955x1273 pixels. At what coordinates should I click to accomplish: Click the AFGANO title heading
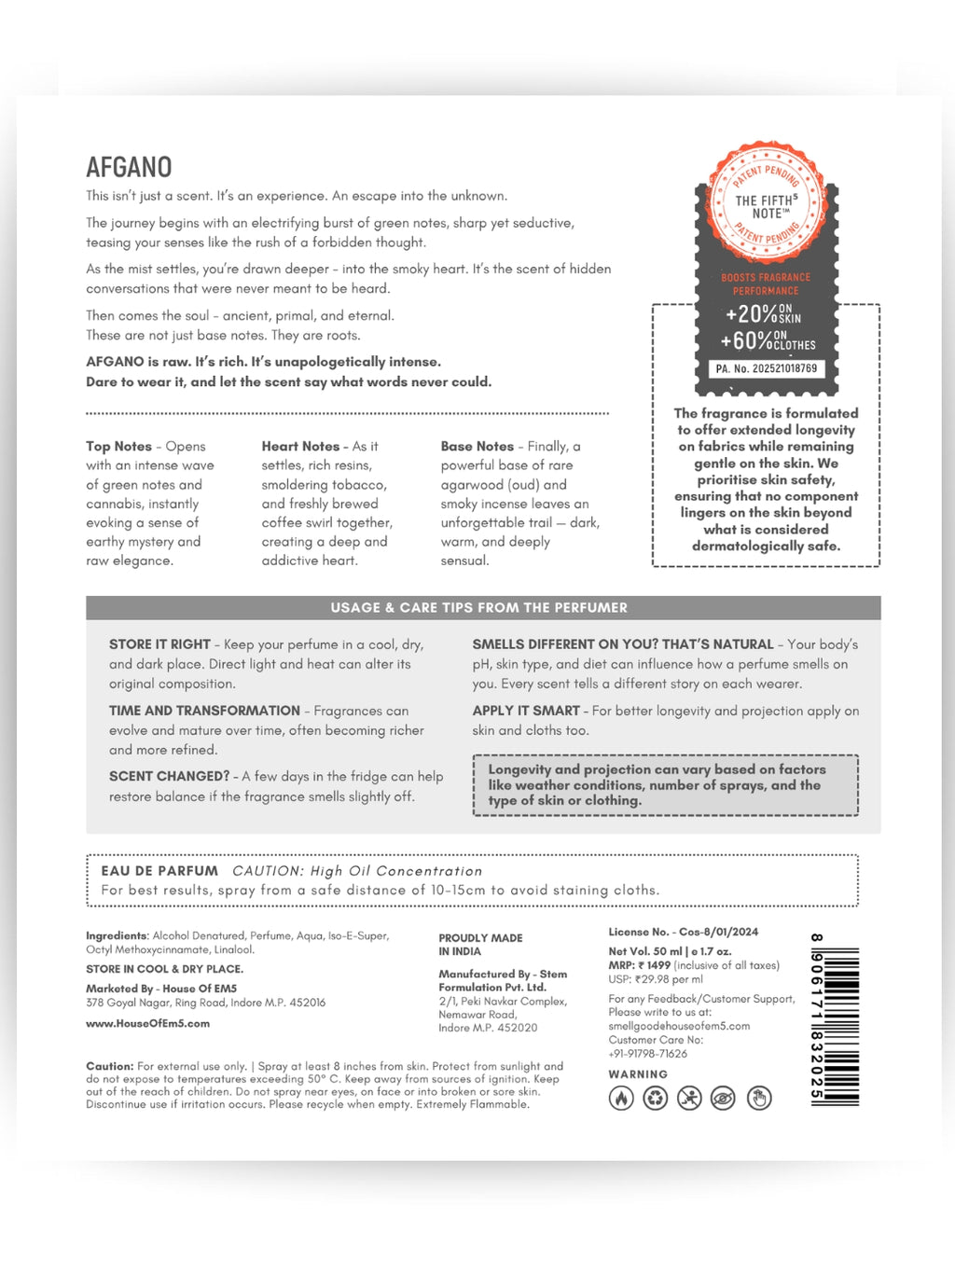tap(129, 168)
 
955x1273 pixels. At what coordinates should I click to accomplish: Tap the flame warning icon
tap(621, 1099)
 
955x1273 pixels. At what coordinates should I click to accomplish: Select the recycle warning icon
tap(656, 1099)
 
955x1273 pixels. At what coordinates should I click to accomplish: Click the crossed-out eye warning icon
tap(723, 1099)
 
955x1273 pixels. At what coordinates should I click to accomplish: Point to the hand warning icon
tap(759, 1099)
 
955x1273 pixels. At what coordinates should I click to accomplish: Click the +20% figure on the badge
tap(752, 314)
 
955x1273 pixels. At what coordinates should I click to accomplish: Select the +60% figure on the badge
tap(746, 341)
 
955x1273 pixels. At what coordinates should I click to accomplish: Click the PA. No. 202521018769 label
tap(766, 369)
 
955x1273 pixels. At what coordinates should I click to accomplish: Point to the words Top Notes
tap(118, 447)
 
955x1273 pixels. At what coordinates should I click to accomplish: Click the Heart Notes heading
tap(300, 447)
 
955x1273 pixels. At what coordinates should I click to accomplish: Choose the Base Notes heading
tap(477, 447)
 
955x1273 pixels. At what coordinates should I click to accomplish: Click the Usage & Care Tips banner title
tap(478, 608)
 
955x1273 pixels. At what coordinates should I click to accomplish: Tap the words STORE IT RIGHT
tap(159, 644)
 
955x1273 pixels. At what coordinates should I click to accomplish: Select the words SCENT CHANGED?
tap(169, 776)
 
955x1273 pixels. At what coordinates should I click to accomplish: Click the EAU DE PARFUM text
tap(159, 871)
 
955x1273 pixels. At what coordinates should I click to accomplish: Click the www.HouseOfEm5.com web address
tap(147, 1023)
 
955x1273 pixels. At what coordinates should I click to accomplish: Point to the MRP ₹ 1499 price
tap(640, 965)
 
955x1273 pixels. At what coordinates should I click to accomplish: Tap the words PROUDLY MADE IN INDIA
tap(480, 945)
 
